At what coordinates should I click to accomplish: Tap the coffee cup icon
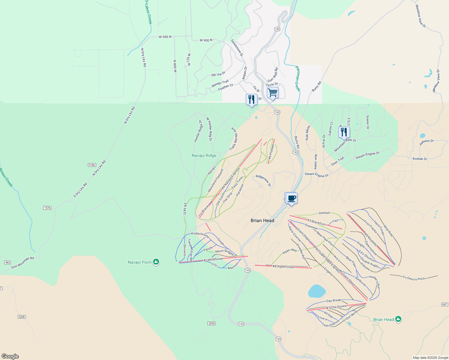pyautogui.click(x=291, y=198)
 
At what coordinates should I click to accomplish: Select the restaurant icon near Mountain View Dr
pyautogui.click(x=344, y=132)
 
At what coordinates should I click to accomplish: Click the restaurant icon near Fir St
pyautogui.click(x=252, y=99)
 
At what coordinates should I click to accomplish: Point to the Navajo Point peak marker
pyautogui.click(x=156, y=262)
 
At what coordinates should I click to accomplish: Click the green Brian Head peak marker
pyautogui.click(x=398, y=319)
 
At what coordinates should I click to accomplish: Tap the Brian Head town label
pyautogui.click(x=262, y=220)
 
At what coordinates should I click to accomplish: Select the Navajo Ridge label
pyautogui.click(x=204, y=155)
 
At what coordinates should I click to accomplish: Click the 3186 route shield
pyautogui.click(x=92, y=165)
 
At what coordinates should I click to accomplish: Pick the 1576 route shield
pyautogui.click(x=47, y=208)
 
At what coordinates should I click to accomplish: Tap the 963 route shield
pyautogui.click(x=8, y=262)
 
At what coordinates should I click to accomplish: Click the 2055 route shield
pyautogui.click(x=211, y=323)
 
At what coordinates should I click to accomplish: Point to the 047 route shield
pyautogui.click(x=445, y=304)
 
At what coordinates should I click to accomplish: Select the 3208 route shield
pyautogui.click(x=22, y=317)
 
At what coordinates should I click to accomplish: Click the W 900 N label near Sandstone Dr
pyautogui.click(x=206, y=40)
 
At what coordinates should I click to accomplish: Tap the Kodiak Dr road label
pyautogui.click(x=420, y=159)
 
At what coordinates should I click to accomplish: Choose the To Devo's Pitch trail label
pyautogui.click(x=414, y=278)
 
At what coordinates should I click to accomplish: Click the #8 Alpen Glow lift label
pyautogui.click(x=283, y=267)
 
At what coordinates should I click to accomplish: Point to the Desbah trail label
pyautogui.click(x=324, y=213)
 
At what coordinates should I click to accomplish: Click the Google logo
pyautogui.click(x=10, y=356)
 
